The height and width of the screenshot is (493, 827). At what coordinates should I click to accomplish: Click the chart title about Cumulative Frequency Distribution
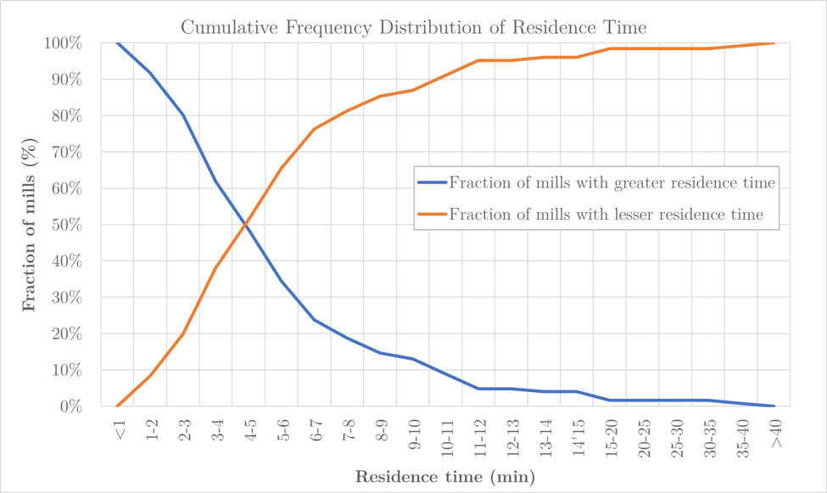coord(414,28)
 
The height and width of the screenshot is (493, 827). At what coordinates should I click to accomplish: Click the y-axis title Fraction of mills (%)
coord(31,225)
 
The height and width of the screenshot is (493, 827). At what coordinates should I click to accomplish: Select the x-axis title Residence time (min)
coord(444,477)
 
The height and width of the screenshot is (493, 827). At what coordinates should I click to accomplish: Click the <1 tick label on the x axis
coord(118,431)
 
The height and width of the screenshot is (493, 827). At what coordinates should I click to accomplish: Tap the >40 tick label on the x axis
coord(774,434)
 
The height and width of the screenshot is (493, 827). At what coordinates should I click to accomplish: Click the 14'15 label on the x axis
coord(578,435)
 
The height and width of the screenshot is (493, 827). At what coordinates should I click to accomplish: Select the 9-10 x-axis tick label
coord(414,435)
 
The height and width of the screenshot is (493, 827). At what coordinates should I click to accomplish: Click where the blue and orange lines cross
coord(246,225)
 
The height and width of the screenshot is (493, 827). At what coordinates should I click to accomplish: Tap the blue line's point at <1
coord(117,43)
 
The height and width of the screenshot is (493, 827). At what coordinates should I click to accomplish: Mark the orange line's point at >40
coord(774,43)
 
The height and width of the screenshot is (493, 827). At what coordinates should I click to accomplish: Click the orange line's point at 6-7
coord(315,129)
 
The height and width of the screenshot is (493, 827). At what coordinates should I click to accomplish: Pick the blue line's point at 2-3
coord(183,115)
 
